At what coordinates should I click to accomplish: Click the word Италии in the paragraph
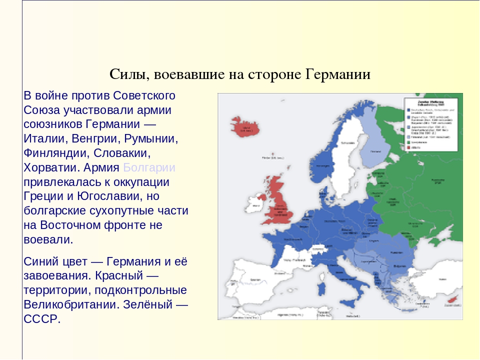click(x=43, y=138)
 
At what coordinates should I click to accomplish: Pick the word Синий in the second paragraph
click(x=42, y=261)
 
